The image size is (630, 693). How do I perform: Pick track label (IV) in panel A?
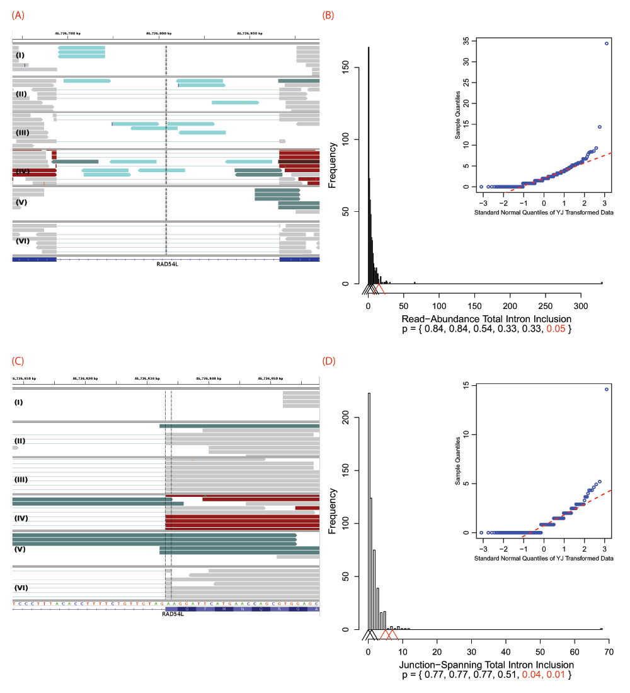(x=23, y=171)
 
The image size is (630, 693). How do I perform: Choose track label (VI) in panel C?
(x=23, y=587)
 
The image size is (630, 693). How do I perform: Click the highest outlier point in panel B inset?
(x=607, y=44)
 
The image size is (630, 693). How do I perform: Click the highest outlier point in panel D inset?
(x=607, y=389)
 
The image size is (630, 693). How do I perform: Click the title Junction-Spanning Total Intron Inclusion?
(x=486, y=665)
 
